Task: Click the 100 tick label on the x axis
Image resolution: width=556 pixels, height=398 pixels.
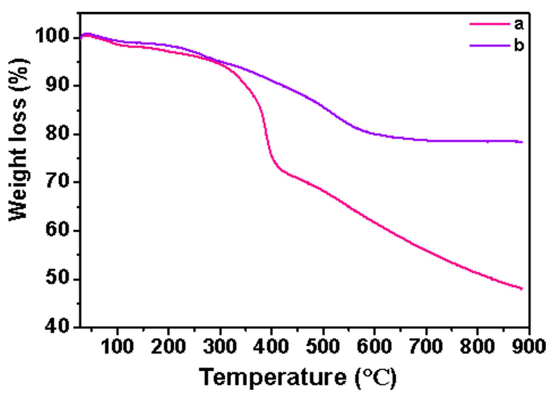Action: coord(117,346)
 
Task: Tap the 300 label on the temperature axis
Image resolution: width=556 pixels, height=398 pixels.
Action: coord(220,346)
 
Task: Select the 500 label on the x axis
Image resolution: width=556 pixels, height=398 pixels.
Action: coord(323,346)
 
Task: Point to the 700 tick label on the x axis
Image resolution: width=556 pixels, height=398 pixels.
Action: coord(426,346)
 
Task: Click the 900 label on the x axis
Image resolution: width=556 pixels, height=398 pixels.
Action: coord(528,346)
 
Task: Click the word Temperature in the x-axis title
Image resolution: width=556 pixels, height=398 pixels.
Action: coord(272,377)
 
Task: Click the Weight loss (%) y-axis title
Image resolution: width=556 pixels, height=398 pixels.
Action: coord(19,140)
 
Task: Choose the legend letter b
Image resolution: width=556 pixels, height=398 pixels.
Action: coord(519,45)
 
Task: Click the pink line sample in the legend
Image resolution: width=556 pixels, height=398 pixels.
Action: coord(490,24)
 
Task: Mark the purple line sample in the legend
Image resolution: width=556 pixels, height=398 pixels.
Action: coord(490,45)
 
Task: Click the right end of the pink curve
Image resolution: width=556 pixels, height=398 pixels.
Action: coord(522,288)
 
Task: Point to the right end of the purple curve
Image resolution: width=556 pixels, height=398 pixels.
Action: coord(522,142)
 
